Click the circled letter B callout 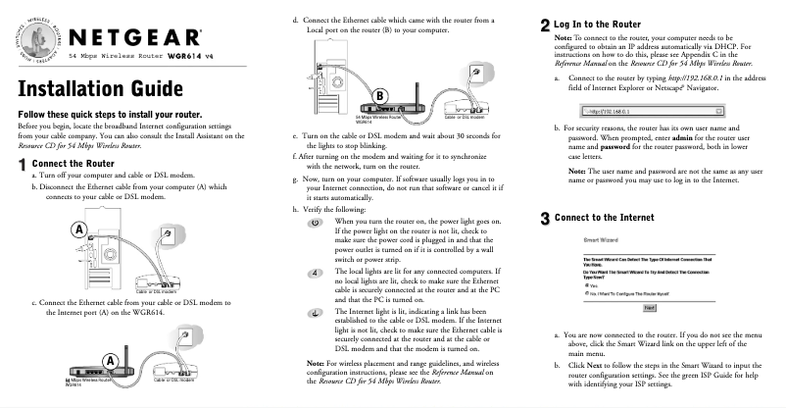coord(378,93)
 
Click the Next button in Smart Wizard coord(648,307)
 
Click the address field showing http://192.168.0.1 coord(647,110)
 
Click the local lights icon coord(315,272)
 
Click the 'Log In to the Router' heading coord(599,23)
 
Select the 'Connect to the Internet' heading coord(608,218)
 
